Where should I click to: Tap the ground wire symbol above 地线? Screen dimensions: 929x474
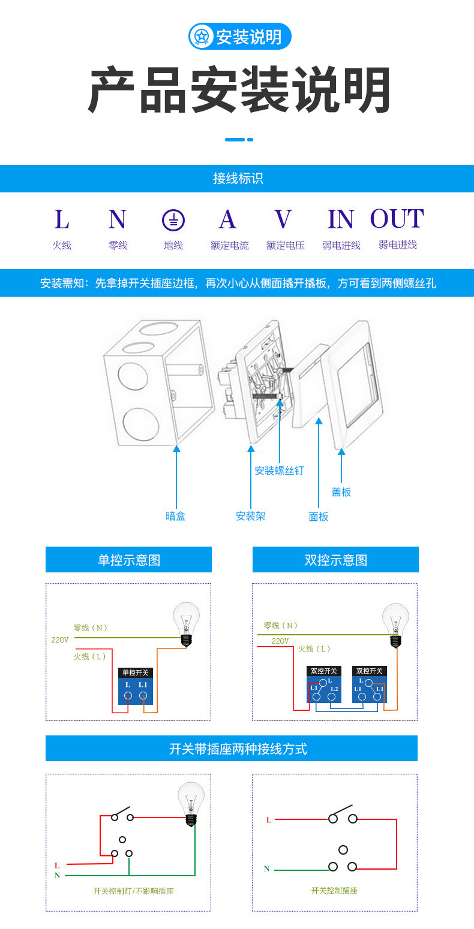coord(173,221)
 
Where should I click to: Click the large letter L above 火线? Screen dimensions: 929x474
coord(62,219)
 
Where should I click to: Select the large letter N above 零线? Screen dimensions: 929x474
coord(118,219)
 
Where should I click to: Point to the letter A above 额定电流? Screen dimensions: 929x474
coord(227,219)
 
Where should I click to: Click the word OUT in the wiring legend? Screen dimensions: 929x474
coord(397,219)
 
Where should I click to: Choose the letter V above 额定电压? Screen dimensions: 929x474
coord(283,219)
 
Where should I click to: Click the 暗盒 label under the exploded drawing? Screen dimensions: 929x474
coord(176,516)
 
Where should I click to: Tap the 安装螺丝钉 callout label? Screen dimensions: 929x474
coord(279,470)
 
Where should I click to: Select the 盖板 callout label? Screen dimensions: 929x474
coord(341,492)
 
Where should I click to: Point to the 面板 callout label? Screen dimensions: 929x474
coord(319,517)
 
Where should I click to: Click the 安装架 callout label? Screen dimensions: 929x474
coord(251,516)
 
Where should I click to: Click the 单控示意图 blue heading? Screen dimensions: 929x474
coord(129,560)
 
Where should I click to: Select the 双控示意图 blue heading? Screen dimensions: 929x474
coord(335,560)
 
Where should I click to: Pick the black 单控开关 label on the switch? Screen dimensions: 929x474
coord(136,672)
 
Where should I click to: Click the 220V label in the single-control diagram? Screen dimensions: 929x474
coord(60,640)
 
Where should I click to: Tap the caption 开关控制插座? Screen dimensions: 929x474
coord(334,891)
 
